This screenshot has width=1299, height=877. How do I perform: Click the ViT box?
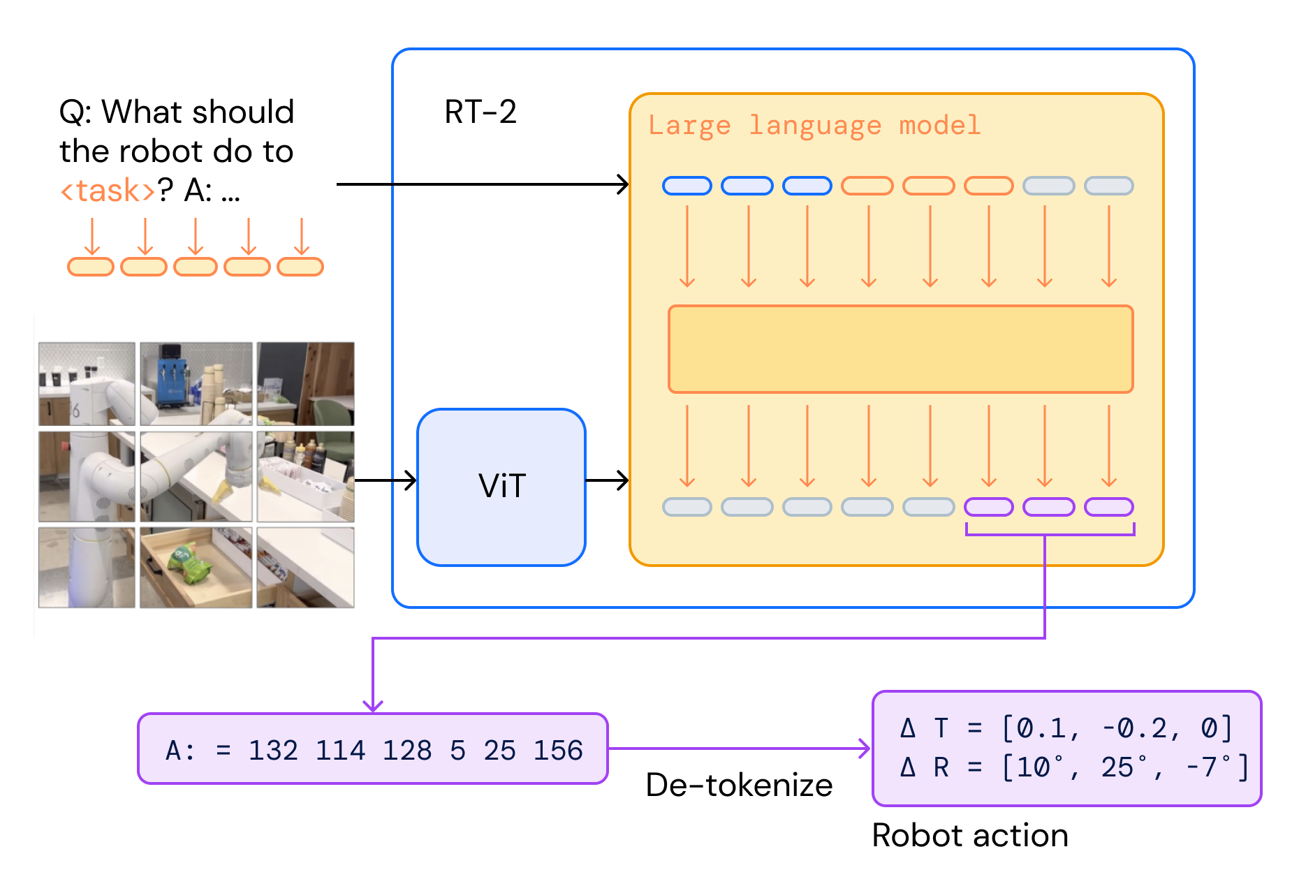pyautogui.click(x=501, y=487)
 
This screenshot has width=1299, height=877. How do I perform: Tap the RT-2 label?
pyautogui.click(x=480, y=112)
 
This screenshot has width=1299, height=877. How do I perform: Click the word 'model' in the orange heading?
pyautogui.click(x=939, y=126)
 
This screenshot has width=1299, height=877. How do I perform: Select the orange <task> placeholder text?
pyautogui.click(x=107, y=191)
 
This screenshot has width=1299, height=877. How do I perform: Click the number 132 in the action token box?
pyautogui.click(x=273, y=751)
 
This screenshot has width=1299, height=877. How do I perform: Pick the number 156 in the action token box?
pyautogui.click(x=557, y=751)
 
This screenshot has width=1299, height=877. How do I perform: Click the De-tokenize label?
pyautogui.click(x=739, y=786)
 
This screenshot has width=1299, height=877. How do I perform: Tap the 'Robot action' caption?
pyautogui.click(x=969, y=836)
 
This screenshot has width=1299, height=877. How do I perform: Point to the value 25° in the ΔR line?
pyautogui.click(x=1124, y=767)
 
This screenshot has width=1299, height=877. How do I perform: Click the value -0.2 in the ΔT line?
pyautogui.click(x=1134, y=728)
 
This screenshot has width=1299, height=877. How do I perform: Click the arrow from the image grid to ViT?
pyautogui.click(x=385, y=480)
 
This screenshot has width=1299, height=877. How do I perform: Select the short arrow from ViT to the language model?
pyautogui.click(x=606, y=480)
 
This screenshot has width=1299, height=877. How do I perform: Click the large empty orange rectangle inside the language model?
pyautogui.click(x=900, y=349)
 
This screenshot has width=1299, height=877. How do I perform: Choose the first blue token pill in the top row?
pyautogui.click(x=687, y=186)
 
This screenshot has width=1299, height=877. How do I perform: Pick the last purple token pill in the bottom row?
pyautogui.click(x=1108, y=507)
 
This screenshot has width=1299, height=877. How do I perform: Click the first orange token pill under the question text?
pyautogui.click(x=91, y=267)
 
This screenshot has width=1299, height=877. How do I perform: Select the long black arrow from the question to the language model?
pyautogui.click(x=482, y=184)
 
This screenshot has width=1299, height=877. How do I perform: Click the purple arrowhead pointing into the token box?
pyautogui.click(x=373, y=705)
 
